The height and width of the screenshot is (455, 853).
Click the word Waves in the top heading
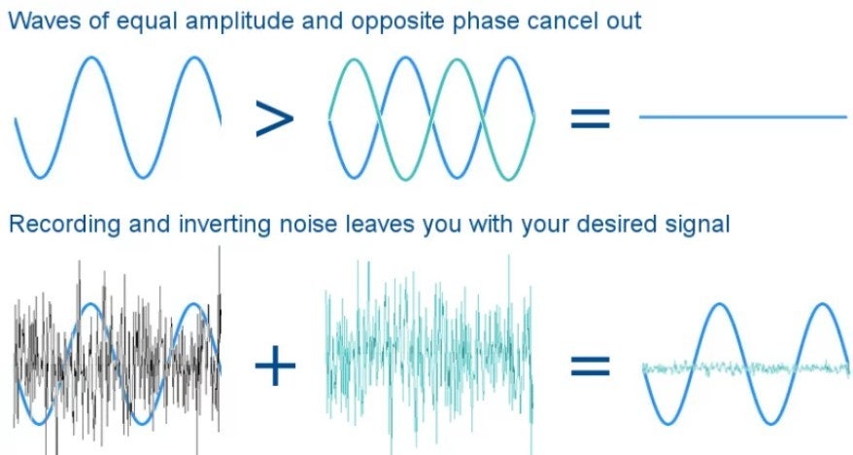[x=44, y=21]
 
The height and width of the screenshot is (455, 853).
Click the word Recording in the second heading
[x=65, y=226]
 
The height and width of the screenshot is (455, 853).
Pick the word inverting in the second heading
[x=224, y=226]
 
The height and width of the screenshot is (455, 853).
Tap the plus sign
[x=275, y=365]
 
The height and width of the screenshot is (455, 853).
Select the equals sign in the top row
[x=591, y=118]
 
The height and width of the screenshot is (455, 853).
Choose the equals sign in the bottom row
[x=591, y=366]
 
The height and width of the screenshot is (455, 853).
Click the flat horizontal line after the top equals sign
[x=743, y=117]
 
